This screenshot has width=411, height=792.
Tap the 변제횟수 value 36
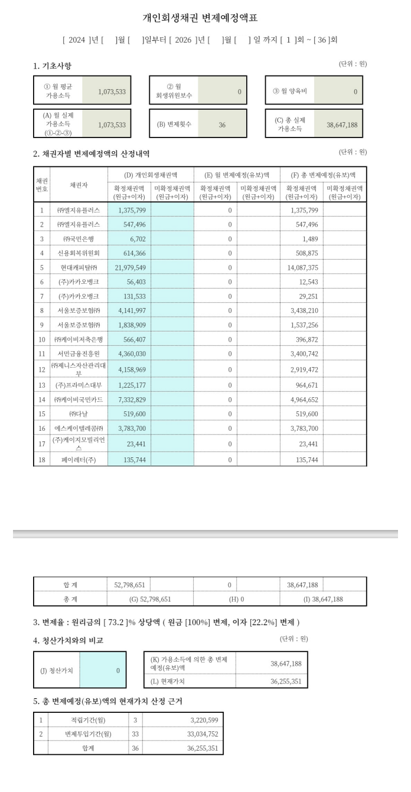222,125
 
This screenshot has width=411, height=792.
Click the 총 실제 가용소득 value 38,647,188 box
338,125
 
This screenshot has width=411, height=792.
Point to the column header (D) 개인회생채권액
151,175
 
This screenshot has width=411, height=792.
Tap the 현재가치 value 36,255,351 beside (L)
286,680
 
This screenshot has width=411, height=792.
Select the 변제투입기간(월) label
88,734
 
